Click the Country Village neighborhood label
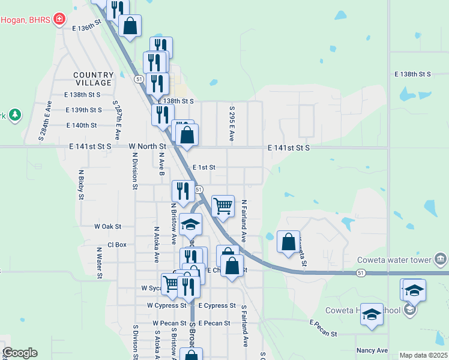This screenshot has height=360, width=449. (x=93, y=79)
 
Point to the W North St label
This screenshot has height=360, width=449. (x=147, y=146)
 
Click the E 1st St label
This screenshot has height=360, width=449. (x=203, y=168)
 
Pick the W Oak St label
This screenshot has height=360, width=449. (x=108, y=227)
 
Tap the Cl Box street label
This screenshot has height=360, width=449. (x=117, y=245)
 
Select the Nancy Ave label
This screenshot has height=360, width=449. (x=372, y=350)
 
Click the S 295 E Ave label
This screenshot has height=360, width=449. (x=232, y=124)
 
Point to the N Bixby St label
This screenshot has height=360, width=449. (x=80, y=184)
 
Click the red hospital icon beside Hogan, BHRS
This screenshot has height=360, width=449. (x=59, y=19)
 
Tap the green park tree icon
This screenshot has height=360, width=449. (x=14, y=114)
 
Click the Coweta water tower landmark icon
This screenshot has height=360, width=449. (x=441, y=259)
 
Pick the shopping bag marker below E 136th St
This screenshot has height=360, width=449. (x=130, y=26)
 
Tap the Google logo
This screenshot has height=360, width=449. (x=20, y=353)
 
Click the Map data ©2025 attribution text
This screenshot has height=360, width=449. (x=423, y=355)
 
